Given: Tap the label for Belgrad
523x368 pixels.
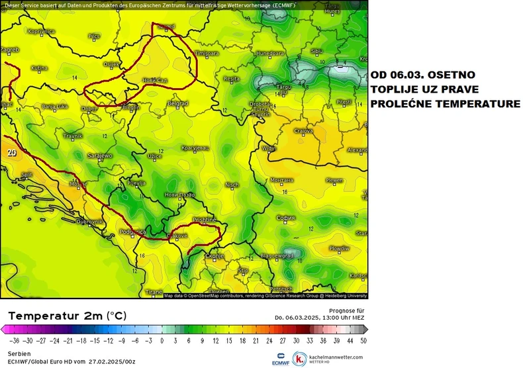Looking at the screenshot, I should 177,103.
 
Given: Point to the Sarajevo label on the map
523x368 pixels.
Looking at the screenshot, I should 101,156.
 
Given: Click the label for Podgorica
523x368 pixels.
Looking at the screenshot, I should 133,232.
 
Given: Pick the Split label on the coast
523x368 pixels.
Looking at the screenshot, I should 27,175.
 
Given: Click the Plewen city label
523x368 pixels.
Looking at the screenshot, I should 334,180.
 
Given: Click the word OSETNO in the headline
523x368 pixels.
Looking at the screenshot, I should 452,75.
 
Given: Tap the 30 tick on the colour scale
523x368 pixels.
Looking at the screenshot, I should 297,341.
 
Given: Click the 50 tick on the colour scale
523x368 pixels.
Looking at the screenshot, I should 363,341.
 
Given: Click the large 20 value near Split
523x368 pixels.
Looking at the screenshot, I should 11,152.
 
